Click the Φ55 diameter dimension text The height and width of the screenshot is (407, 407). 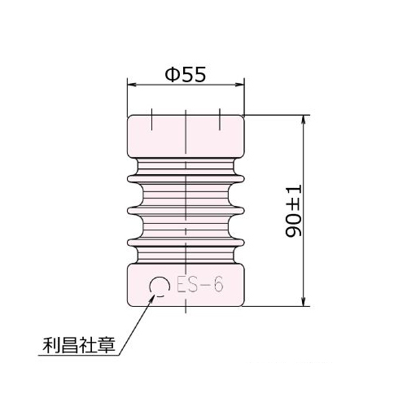[x=186, y=75]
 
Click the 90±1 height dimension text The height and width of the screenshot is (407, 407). [x=294, y=211]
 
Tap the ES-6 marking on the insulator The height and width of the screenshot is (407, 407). [x=200, y=285]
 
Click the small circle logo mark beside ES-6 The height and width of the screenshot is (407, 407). [x=160, y=287]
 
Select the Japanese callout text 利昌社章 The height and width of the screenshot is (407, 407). [x=79, y=345]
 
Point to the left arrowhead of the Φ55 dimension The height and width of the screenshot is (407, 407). [x=131, y=85]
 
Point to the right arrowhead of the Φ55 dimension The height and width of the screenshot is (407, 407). [x=240, y=85]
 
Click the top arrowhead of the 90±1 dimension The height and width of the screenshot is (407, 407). [x=304, y=120]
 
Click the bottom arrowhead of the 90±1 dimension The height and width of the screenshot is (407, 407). [x=304, y=301]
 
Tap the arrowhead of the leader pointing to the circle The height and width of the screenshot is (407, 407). [x=152, y=299]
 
